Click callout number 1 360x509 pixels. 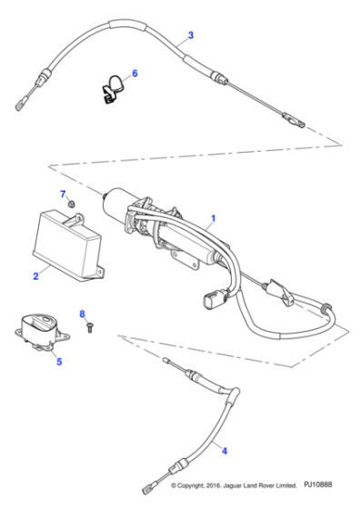214,218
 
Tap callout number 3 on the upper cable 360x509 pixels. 190,37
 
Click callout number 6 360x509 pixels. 135,73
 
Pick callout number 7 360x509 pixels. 63,195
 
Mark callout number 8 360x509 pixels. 82,314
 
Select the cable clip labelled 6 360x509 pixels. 111,87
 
